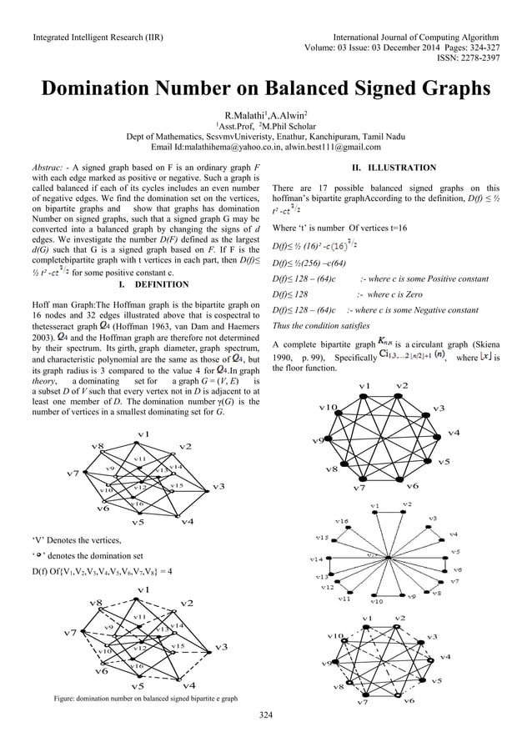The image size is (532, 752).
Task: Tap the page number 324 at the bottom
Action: click(x=266, y=714)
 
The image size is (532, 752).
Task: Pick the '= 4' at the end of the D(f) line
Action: click(x=165, y=571)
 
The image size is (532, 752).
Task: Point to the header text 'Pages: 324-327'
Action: click(x=465, y=48)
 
